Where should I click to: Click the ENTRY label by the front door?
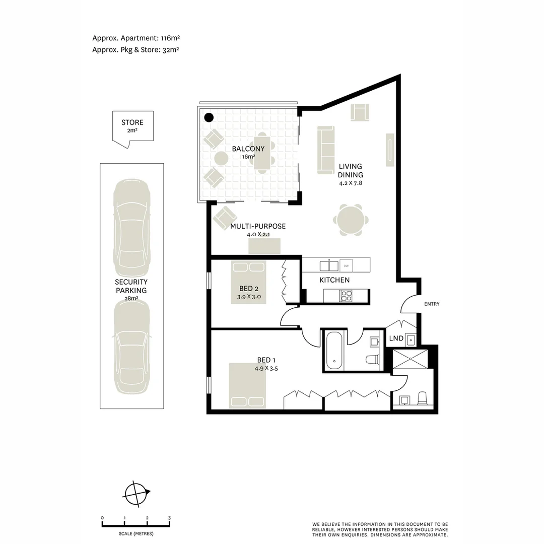click(x=432, y=304)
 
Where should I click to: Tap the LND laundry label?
click(x=396, y=338)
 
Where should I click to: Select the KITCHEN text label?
click(x=334, y=280)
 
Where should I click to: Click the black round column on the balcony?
click(x=209, y=118)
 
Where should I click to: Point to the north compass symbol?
click(x=138, y=493)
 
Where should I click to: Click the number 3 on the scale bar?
click(x=169, y=518)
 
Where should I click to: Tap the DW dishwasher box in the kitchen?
click(x=346, y=265)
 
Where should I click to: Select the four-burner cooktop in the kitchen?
click(x=346, y=296)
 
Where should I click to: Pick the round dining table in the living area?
click(x=351, y=220)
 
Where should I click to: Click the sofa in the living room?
click(x=325, y=150)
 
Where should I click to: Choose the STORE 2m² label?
click(x=132, y=126)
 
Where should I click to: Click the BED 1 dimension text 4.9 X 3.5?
click(x=266, y=368)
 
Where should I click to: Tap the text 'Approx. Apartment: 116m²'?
click(x=136, y=38)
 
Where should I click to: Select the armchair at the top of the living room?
click(x=360, y=112)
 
